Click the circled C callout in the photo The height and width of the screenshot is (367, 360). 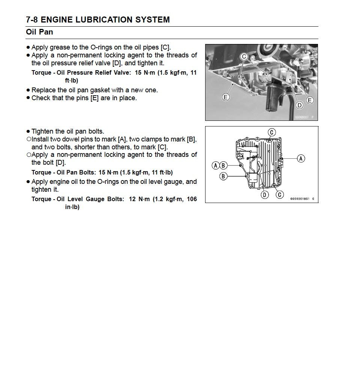pyautogui.click(x=244, y=57)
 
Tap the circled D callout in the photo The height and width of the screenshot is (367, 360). pyautogui.click(x=299, y=105)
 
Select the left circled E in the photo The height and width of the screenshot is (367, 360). pyautogui.click(x=225, y=97)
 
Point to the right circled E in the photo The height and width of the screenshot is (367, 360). pyautogui.click(x=309, y=100)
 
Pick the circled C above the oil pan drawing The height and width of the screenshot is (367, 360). pyautogui.click(x=272, y=132)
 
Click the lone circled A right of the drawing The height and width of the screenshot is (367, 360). pyautogui.click(x=301, y=159)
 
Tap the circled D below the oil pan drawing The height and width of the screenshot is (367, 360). pyautogui.click(x=265, y=194)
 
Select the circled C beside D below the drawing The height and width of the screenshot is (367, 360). pyautogui.click(x=279, y=194)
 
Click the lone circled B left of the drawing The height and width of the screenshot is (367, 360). pyautogui.click(x=223, y=176)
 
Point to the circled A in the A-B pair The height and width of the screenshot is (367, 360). pyautogui.click(x=216, y=165)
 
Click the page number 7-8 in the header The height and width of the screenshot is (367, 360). pyautogui.click(x=32, y=20)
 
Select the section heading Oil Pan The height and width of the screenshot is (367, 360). pyautogui.click(x=39, y=32)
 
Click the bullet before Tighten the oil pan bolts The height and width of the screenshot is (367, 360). pyautogui.click(x=28, y=131)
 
